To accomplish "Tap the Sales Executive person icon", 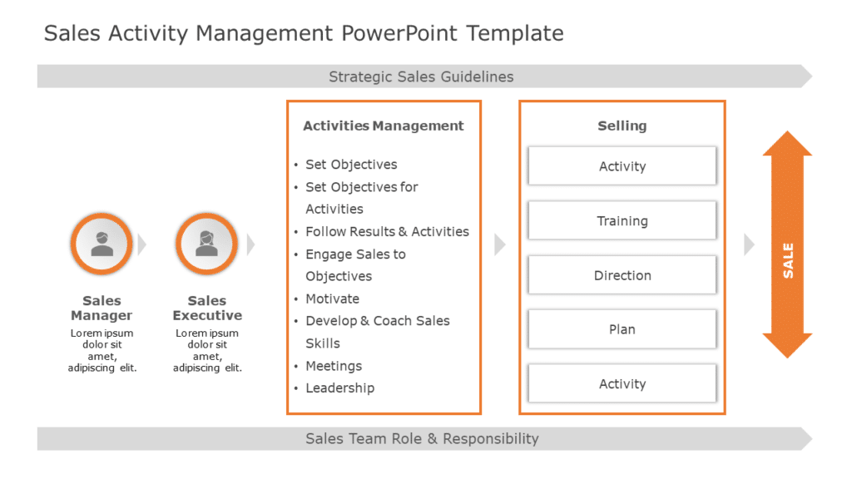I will (x=207, y=244).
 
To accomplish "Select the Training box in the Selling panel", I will (x=622, y=221).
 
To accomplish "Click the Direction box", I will (x=622, y=275).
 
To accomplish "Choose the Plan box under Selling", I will (x=622, y=329).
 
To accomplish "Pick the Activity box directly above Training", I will (x=622, y=166).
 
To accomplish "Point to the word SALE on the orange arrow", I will (x=788, y=260).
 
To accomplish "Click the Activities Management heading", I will (x=384, y=126).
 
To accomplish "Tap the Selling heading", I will (x=622, y=126).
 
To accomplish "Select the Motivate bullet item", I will (x=333, y=299).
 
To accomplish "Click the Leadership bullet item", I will (x=339, y=388).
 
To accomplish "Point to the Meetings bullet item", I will (x=334, y=366).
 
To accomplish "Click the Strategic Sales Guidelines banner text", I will (x=421, y=77).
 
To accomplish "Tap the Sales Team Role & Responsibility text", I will (x=422, y=438).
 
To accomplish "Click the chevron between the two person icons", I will (x=141, y=244).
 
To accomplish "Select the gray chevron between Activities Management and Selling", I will (x=499, y=244).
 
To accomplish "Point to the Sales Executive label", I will (x=207, y=309).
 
